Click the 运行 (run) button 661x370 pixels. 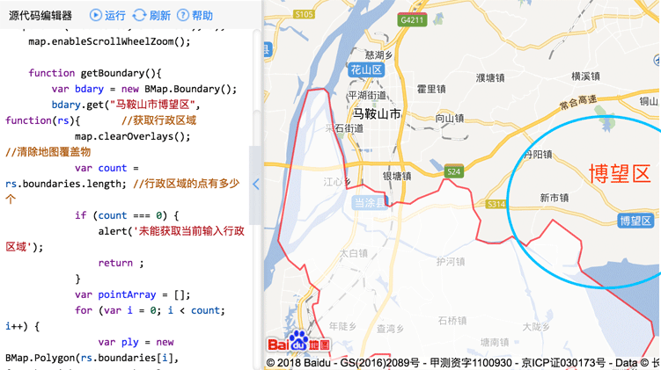[107, 16]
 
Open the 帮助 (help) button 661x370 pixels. [195, 16]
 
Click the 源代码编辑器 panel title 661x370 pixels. [40, 16]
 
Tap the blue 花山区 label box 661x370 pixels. [365, 69]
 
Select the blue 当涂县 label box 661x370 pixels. [369, 202]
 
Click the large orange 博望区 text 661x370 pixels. [620, 172]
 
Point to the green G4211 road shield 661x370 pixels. [411, 19]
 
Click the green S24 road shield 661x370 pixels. [453, 171]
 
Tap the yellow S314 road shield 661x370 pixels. [496, 204]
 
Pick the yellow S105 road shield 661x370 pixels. [304, 14]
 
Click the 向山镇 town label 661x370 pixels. [449, 119]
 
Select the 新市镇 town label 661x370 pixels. [554, 198]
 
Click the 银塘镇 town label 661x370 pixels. [396, 176]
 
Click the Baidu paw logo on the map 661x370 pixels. [298, 341]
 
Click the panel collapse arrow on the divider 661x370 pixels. [256, 185]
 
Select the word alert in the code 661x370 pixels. [114, 231]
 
